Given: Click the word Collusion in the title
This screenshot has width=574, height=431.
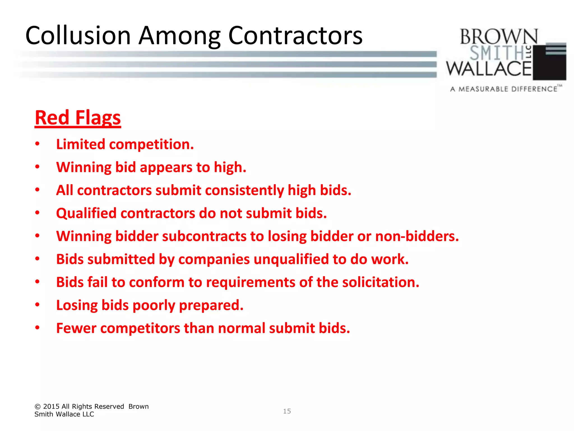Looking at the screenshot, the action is click(x=78, y=36).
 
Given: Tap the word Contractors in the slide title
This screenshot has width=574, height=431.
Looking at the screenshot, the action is click(x=295, y=36).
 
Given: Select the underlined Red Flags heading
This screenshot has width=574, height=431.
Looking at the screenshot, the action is click(x=78, y=118).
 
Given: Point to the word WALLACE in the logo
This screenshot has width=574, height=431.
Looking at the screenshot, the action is click(x=489, y=69).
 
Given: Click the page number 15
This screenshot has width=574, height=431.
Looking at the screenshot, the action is click(x=287, y=411).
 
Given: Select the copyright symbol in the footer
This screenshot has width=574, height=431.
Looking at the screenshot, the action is click(x=38, y=407).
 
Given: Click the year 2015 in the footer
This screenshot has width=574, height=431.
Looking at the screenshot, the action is click(x=51, y=407).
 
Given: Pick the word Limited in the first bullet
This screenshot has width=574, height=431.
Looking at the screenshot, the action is click(x=80, y=145).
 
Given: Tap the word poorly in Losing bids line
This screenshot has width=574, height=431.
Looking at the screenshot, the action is click(x=154, y=305).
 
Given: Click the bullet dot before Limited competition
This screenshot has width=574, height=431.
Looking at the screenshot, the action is click(x=37, y=144).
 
